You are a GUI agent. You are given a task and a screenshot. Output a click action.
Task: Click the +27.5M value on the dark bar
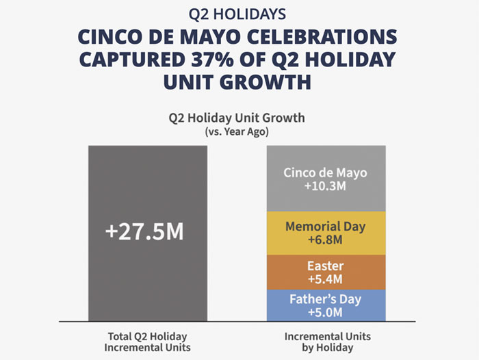144,231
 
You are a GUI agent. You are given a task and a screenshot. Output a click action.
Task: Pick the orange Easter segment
326,272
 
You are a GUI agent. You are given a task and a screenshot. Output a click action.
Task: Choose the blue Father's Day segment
326,305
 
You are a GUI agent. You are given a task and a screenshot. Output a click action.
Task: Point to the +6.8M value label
326,241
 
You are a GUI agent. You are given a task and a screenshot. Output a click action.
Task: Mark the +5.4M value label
326,279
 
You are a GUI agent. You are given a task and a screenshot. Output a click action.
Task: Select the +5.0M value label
326,313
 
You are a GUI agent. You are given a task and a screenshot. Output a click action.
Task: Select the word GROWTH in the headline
266,82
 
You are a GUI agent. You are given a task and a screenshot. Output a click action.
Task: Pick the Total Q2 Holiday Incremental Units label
147,342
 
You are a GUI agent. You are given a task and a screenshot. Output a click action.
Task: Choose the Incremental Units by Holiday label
326,342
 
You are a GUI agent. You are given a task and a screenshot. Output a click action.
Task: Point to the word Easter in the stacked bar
326,265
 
